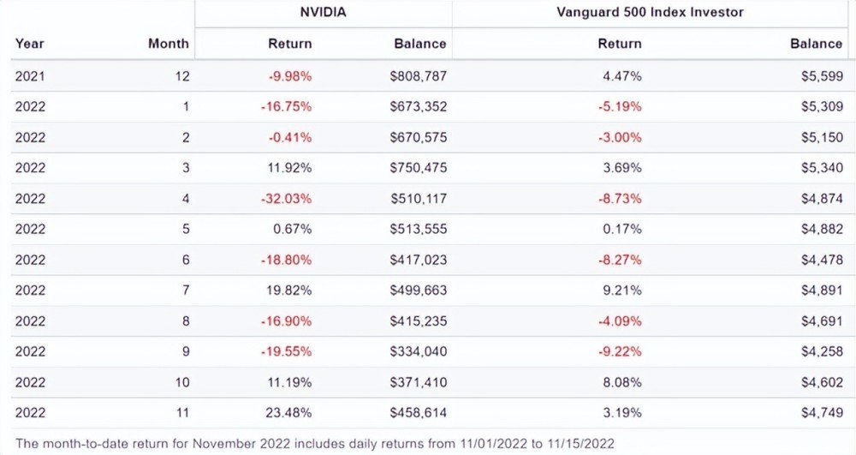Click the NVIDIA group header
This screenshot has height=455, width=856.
point(324,12)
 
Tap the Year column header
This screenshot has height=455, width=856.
point(30,43)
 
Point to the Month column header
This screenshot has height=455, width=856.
point(169,43)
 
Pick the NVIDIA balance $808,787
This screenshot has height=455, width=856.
point(418,76)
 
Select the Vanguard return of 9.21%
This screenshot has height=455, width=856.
point(622,290)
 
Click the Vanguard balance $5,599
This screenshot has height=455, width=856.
point(822,76)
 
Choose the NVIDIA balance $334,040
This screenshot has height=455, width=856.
point(418,351)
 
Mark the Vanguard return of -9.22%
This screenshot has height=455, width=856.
point(620,351)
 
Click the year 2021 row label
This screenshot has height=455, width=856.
point(30,76)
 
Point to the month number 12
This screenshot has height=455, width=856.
point(181,76)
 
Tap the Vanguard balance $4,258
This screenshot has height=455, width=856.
point(822,351)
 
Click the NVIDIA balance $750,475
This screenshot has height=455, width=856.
point(418,168)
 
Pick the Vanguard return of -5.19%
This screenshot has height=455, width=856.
point(620,107)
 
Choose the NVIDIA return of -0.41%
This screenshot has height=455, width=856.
point(289,137)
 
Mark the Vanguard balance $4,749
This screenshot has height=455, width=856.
point(822,413)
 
